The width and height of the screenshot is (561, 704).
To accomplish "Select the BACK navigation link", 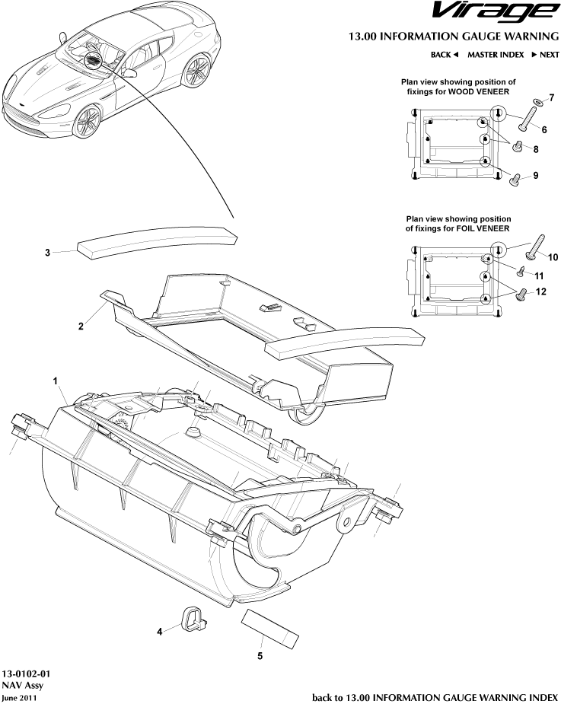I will pyautogui.click(x=444, y=55).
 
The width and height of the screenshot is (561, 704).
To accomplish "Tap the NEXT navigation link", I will pyautogui.click(x=545, y=55).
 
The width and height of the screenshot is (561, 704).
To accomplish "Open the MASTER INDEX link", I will pyautogui.click(x=495, y=55).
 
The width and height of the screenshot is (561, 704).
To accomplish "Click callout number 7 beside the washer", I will pyautogui.click(x=552, y=97).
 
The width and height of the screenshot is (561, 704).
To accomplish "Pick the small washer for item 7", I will pyautogui.click(x=538, y=101).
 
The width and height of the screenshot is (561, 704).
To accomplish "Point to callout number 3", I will pyautogui.click(x=47, y=253).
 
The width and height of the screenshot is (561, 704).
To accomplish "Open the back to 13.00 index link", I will pyautogui.click(x=435, y=696).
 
